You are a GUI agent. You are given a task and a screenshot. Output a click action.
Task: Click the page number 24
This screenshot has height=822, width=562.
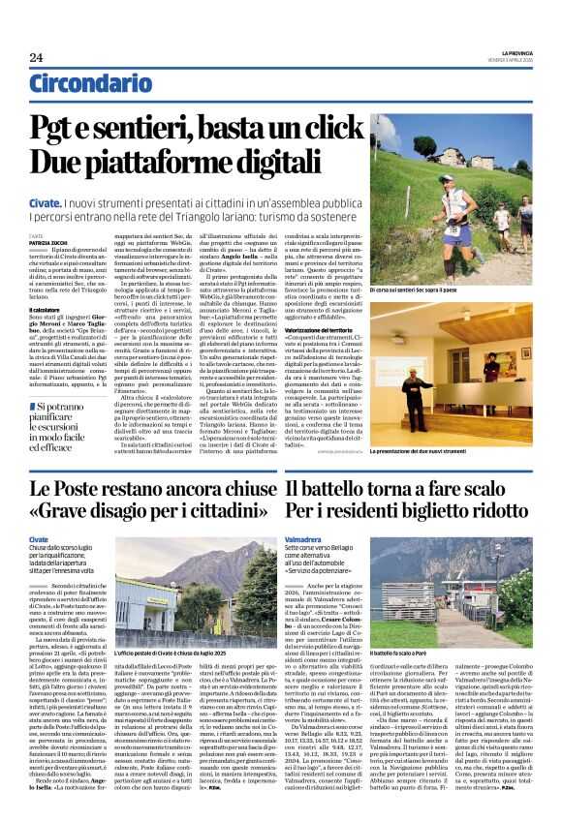[37, 57]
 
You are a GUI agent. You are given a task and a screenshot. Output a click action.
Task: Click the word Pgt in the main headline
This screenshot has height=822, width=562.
[61, 127]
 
